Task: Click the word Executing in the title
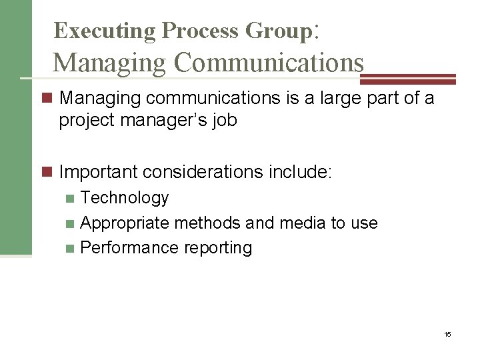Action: point(104,31)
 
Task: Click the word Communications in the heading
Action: point(269,63)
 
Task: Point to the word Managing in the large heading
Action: point(110,63)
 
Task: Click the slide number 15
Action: point(447,334)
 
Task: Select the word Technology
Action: point(125,198)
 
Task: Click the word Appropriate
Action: point(124,223)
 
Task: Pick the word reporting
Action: point(218,248)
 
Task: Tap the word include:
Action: point(300,172)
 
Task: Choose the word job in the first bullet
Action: point(225,121)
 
